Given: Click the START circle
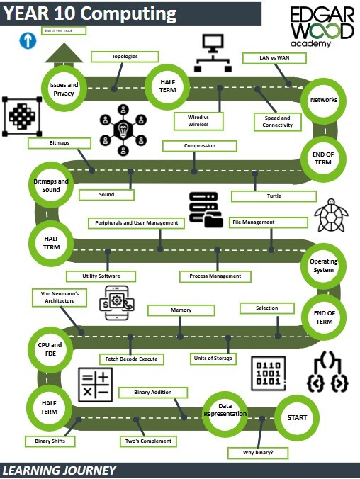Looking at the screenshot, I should coord(298,417).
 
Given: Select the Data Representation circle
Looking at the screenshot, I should coord(225,410).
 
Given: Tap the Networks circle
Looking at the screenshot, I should coord(324,100).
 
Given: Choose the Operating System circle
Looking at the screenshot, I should coord(324,266).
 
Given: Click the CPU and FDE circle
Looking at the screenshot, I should coord(50,349).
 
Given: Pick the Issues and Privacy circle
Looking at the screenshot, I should coord(62,89).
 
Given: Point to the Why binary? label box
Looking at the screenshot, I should coord(253,452).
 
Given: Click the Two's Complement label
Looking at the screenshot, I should coord(147,441).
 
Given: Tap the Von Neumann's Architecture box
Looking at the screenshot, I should coord(60,297).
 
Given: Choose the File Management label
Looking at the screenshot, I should coord(268,222).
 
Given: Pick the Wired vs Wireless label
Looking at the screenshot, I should coord(198,120).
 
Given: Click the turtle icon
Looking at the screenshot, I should coord(331,215).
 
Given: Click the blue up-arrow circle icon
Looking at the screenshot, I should coord(28,41).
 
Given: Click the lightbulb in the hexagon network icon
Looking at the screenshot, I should coord(123,130).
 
